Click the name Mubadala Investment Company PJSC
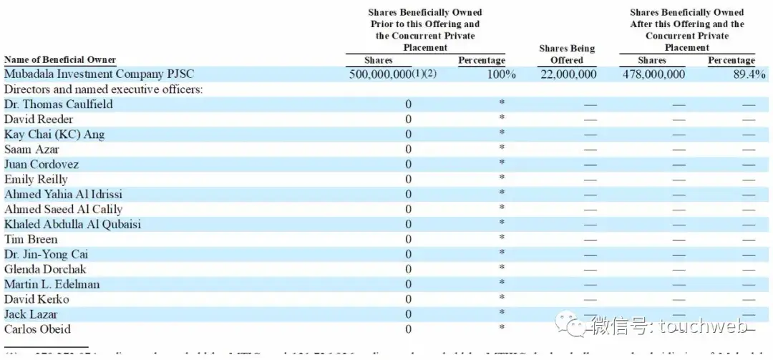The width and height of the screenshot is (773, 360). [99, 74]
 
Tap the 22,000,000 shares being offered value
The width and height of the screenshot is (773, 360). [567, 74]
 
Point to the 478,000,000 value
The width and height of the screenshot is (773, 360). [652, 74]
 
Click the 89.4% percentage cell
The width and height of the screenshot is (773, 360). [747, 74]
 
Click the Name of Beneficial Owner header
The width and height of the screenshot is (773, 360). [60, 60]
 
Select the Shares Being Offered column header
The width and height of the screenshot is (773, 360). [567, 54]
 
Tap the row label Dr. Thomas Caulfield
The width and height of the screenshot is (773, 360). [58, 104]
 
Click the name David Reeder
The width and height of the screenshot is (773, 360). [39, 120]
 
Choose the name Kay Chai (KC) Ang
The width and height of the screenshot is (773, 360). [54, 135]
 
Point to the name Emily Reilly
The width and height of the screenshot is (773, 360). [36, 180]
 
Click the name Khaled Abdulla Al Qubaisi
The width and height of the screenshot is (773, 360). [72, 224]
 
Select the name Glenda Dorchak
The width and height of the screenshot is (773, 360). [45, 269]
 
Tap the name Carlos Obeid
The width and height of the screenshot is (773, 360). [37, 329]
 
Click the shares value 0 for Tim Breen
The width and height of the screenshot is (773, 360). [409, 240]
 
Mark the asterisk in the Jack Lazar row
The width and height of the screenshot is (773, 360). [502, 313]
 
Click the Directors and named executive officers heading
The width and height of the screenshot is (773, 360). [103, 89]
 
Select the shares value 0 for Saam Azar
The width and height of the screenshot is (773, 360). [409, 150]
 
